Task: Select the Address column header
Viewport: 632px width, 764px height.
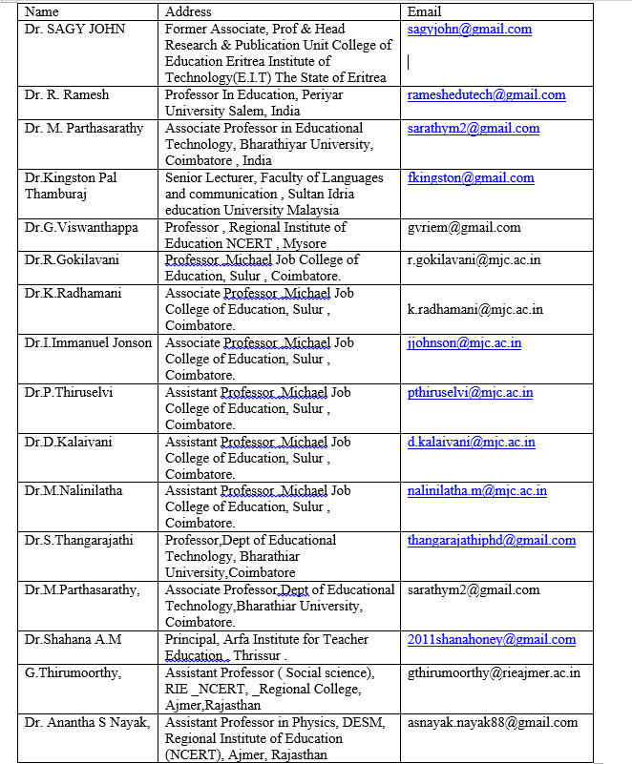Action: [x=188, y=11]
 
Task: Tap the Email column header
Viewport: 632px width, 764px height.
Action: [x=424, y=11]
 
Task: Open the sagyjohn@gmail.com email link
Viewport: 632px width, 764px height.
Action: [x=469, y=29]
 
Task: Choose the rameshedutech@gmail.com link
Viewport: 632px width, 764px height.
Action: [x=486, y=94]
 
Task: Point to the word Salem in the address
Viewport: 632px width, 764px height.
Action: [x=239, y=111]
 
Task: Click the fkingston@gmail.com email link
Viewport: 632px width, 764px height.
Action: [x=471, y=177]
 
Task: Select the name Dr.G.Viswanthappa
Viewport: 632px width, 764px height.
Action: [x=81, y=227]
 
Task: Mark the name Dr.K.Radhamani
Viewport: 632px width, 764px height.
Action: [x=74, y=293]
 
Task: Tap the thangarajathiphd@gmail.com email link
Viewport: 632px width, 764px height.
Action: [x=492, y=540]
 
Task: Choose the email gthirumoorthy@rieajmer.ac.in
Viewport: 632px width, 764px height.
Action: [x=494, y=672]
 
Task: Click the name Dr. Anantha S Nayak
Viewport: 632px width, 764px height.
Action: [x=88, y=722]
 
